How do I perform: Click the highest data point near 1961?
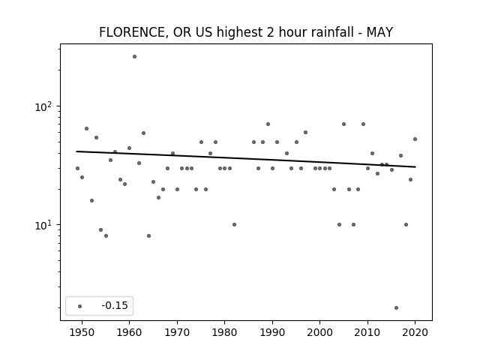coord(134,57)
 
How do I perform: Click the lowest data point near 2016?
coord(397,308)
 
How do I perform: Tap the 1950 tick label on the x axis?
coord(82,333)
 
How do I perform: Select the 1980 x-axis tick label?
coord(224,333)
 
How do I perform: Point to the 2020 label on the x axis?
coord(415,333)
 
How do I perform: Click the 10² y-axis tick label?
coord(43,106)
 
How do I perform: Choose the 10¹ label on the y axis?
coord(43,225)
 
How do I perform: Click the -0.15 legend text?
coord(115,305)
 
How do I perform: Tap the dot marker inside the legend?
coord(80,306)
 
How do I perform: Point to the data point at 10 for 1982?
coord(234,225)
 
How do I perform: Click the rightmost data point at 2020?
coord(415,139)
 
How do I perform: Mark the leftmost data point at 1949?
coord(77,168)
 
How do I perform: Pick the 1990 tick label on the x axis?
coord(272,333)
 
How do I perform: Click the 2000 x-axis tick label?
coord(320,333)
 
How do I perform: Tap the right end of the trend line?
coord(415,166)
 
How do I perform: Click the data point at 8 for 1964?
coord(148,235)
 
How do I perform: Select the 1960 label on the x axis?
coord(129,333)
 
